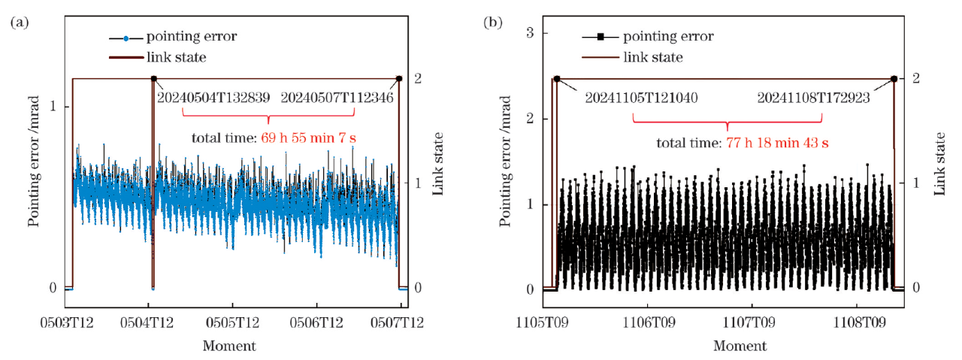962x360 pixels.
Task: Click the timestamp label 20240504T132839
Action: [213, 97]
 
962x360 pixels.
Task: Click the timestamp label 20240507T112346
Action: [337, 97]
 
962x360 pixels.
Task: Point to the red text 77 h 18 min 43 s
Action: [782, 142]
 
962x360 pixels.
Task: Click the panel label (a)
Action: [20, 23]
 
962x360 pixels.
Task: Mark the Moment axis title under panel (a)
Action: [228, 346]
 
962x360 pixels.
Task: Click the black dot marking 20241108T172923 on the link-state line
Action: [894, 79]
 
